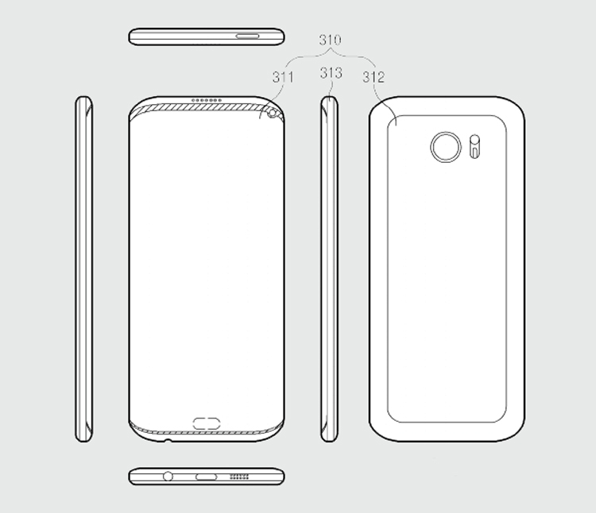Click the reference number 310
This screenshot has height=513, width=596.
(330, 39)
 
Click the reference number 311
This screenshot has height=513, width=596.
(282, 77)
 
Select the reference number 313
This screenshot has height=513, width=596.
(331, 74)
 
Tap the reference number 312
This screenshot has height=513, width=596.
(373, 77)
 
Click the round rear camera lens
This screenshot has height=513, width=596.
(443, 147)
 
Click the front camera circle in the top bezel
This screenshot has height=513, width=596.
(274, 114)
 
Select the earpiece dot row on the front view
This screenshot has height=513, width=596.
(208, 102)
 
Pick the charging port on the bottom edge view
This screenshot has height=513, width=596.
(207, 477)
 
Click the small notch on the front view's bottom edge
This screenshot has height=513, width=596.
(167, 440)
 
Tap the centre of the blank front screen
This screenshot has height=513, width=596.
(207, 262)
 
